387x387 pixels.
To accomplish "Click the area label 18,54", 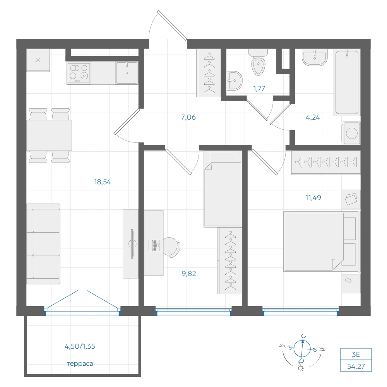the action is pos(103,182).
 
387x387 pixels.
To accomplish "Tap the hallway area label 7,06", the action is pos(188,117).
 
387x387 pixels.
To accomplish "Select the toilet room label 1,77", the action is pos(259,88).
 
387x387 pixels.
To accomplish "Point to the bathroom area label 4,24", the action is pos(313,117).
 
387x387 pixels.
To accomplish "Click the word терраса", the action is pos(80,363).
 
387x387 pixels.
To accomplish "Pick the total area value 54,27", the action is pos(356,366).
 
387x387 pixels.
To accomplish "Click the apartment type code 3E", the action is pos(356,354).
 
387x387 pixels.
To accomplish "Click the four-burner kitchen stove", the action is pos(79,73).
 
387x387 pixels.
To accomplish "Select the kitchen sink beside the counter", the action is pos(127,73).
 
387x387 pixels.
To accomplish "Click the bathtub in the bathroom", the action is pos(347,82).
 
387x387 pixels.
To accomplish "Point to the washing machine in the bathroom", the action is pos(351,133).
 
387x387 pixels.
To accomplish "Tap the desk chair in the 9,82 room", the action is pos(171,247).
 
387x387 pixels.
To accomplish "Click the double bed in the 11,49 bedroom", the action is pos(321,241).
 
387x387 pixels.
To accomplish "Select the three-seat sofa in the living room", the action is pos(43,244).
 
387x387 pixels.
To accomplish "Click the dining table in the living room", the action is pos(49,135).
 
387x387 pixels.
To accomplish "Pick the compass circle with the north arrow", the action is pos(302,348).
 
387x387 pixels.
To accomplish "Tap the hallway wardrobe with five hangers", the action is pos(209,73).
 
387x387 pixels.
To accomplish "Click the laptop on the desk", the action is pos(154,245).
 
